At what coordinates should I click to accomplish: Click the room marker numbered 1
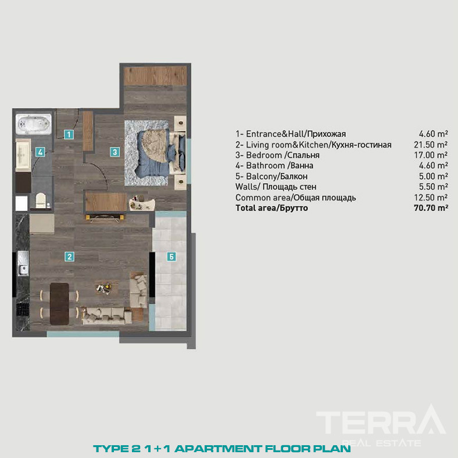click(x=69, y=134)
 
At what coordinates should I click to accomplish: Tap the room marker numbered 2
click(x=69, y=257)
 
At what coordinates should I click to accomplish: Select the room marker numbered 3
click(x=115, y=152)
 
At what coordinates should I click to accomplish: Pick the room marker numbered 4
click(x=40, y=152)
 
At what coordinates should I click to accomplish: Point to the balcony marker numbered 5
click(x=171, y=257)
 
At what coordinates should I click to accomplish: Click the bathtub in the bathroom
click(x=34, y=124)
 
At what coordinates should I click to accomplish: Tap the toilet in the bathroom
click(x=41, y=200)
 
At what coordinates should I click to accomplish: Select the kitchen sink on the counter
click(x=23, y=263)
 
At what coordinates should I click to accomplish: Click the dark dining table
click(x=59, y=304)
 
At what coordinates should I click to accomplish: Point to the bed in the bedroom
click(x=160, y=153)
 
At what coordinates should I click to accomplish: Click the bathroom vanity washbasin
click(x=23, y=155)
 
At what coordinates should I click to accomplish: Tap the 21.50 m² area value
click(x=431, y=145)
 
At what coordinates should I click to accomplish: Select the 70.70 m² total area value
click(x=431, y=208)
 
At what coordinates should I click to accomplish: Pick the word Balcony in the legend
click(x=260, y=177)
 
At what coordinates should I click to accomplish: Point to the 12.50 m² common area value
click(x=431, y=198)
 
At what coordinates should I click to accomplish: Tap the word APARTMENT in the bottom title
click(x=218, y=449)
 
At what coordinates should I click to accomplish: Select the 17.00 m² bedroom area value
click(x=431, y=155)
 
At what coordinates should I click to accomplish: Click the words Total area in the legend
click(x=255, y=208)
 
